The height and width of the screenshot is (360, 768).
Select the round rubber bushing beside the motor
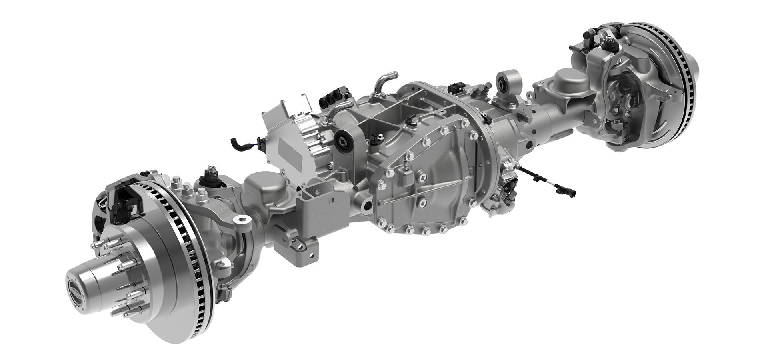342,141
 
